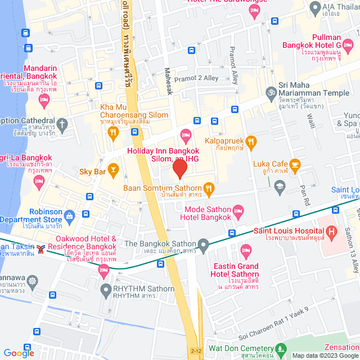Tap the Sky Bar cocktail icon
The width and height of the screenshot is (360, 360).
[114, 169]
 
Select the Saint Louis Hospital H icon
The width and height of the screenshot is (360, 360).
[331, 231]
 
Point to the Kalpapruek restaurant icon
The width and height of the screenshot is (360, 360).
[251, 141]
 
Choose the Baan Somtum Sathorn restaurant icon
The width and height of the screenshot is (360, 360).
[209, 188]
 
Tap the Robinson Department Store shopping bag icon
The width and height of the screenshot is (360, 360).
[69, 215]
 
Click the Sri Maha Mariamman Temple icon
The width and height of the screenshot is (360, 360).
[271, 91]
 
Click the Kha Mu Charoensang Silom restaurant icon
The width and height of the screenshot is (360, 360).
[112, 133]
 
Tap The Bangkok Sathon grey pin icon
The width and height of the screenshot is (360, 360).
[204, 244]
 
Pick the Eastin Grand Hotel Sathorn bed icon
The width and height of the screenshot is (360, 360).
[245, 249]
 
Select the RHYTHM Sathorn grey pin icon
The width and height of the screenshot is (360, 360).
[105, 290]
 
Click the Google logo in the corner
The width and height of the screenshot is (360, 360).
[19, 353]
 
